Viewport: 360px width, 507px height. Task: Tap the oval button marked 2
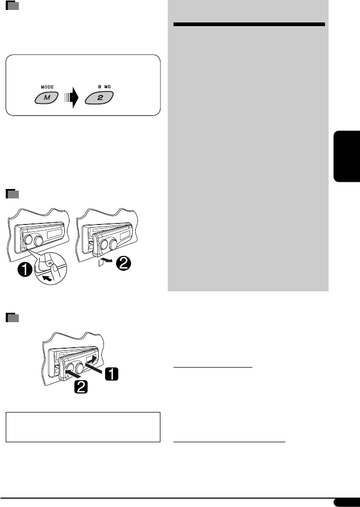[x=99, y=98]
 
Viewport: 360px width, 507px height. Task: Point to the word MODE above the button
[x=47, y=87]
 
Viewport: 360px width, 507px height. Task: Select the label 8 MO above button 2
[x=100, y=87]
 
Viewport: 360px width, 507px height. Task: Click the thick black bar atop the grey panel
[x=249, y=25]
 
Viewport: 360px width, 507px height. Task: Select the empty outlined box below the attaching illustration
[x=83, y=427]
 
